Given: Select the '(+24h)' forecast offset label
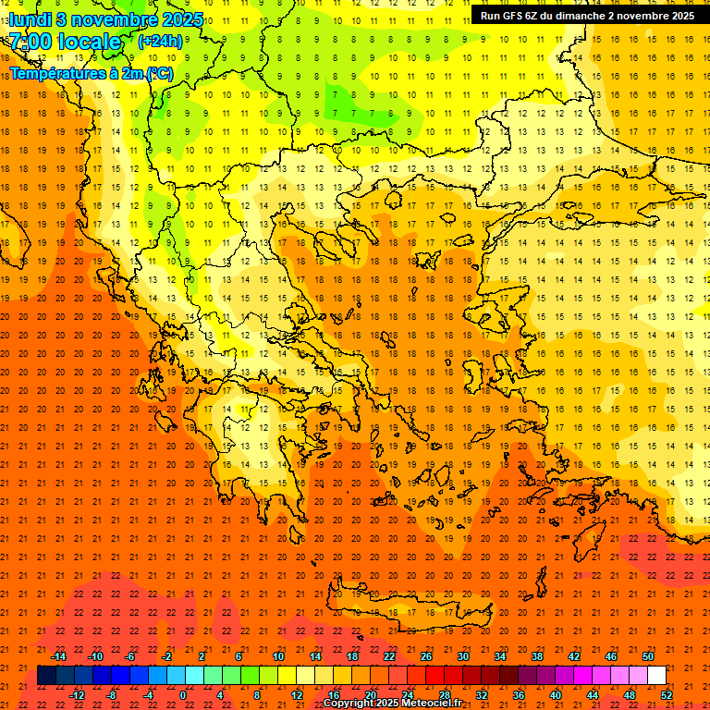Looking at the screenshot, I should (x=160, y=42).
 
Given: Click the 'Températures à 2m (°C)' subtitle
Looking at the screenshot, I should (x=91, y=73).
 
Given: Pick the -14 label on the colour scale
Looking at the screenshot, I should (x=58, y=656).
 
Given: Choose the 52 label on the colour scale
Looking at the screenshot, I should (x=667, y=695).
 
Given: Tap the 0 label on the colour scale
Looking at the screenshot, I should (x=182, y=695).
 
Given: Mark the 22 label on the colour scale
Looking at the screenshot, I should (x=389, y=656).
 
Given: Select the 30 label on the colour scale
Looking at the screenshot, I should (x=463, y=656).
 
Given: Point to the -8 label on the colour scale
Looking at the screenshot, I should (x=113, y=695).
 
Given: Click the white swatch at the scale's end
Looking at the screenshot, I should (x=656, y=676).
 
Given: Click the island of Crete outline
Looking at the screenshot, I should (x=398, y=601).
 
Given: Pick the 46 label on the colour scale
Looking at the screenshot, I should (x=611, y=656).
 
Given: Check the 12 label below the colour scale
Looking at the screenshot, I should (x=297, y=695).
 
